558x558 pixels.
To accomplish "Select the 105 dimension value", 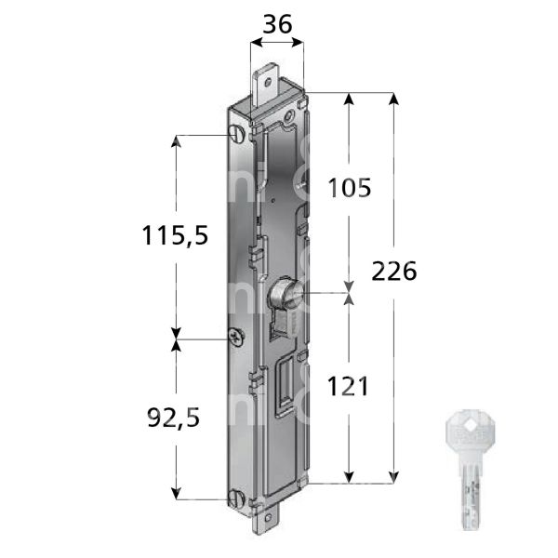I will [x=351, y=188].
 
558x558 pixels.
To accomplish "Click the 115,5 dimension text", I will [x=174, y=236].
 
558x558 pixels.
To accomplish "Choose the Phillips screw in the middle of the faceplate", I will [x=239, y=339].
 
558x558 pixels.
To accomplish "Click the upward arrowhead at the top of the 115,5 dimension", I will [x=176, y=139].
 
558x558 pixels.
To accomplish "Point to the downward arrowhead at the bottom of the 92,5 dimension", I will [x=176, y=495].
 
